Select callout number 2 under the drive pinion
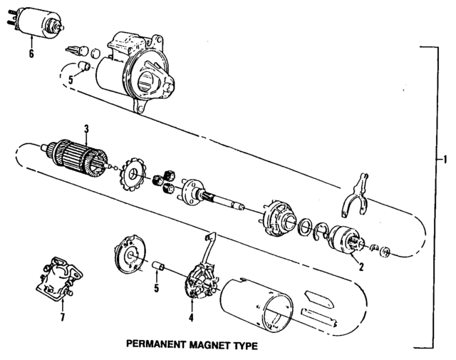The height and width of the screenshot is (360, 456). (x=361, y=267)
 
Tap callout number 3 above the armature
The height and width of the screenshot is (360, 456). (x=86, y=129)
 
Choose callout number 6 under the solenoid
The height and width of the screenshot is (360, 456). (x=31, y=53)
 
